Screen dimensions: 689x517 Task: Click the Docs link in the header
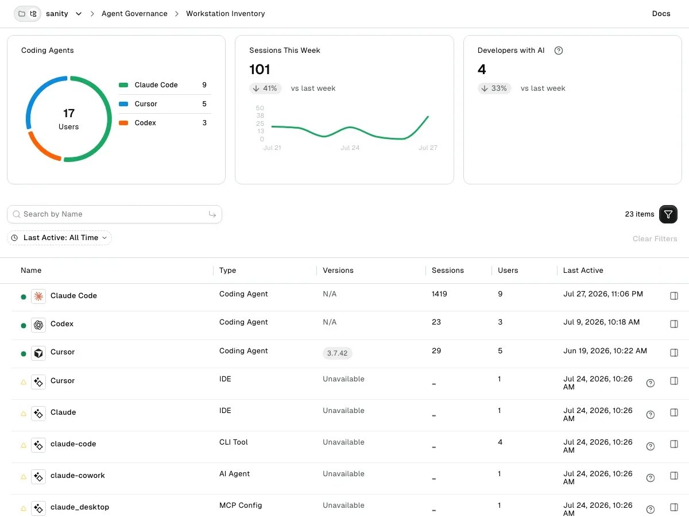[x=661, y=13]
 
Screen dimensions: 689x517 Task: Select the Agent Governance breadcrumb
[x=134, y=13]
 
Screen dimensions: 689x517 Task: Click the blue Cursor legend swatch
[x=123, y=104]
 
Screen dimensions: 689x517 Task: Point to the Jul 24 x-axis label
[x=350, y=148]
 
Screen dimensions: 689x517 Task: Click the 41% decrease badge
[x=265, y=88]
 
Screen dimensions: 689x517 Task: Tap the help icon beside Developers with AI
[x=559, y=51]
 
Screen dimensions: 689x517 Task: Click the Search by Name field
[x=115, y=214]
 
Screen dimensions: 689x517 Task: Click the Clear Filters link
[x=655, y=238]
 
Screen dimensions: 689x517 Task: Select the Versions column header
[x=338, y=270]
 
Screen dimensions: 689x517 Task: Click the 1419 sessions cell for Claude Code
[x=439, y=294]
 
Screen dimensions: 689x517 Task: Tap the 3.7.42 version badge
[x=338, y=353]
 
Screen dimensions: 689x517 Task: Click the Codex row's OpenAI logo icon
[x=38, y=325]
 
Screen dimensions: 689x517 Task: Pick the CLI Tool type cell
[x=233, y=442]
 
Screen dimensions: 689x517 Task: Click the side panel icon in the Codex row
[x=674, y=324]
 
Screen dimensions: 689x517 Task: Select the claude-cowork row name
[x=78, y=475]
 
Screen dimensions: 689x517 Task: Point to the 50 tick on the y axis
[x=260, y=108]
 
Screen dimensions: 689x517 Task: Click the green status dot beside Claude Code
[x=24, y=296]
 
